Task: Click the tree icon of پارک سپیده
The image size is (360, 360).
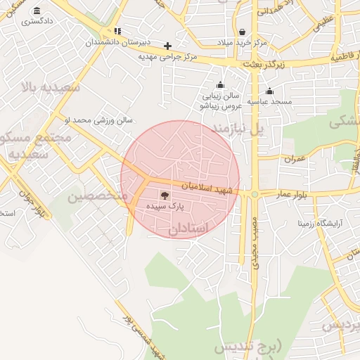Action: pos(164,195)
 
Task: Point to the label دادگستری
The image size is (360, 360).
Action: pos(37,21)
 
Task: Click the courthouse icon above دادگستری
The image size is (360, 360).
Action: pos(37,11)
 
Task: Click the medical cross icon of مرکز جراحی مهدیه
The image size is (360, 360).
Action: pos(167,46)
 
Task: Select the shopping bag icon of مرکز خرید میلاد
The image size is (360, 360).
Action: pos(243,32)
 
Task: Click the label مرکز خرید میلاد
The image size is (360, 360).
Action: pos(241,43)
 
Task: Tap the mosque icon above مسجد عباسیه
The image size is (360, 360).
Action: pos(269,91)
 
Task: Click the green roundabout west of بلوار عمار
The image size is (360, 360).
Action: pos(255,194)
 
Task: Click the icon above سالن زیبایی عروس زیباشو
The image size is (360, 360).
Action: pos(221,85)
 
